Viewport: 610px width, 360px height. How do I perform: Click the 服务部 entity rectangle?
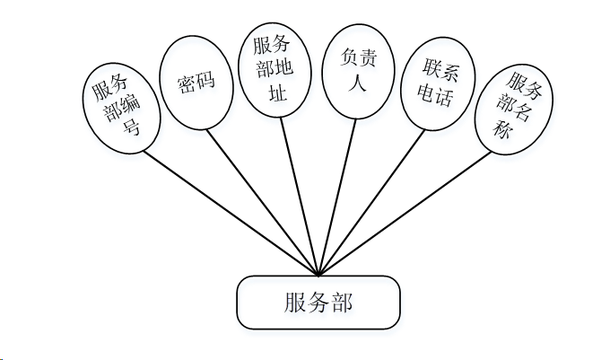click(x=317, y=303)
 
